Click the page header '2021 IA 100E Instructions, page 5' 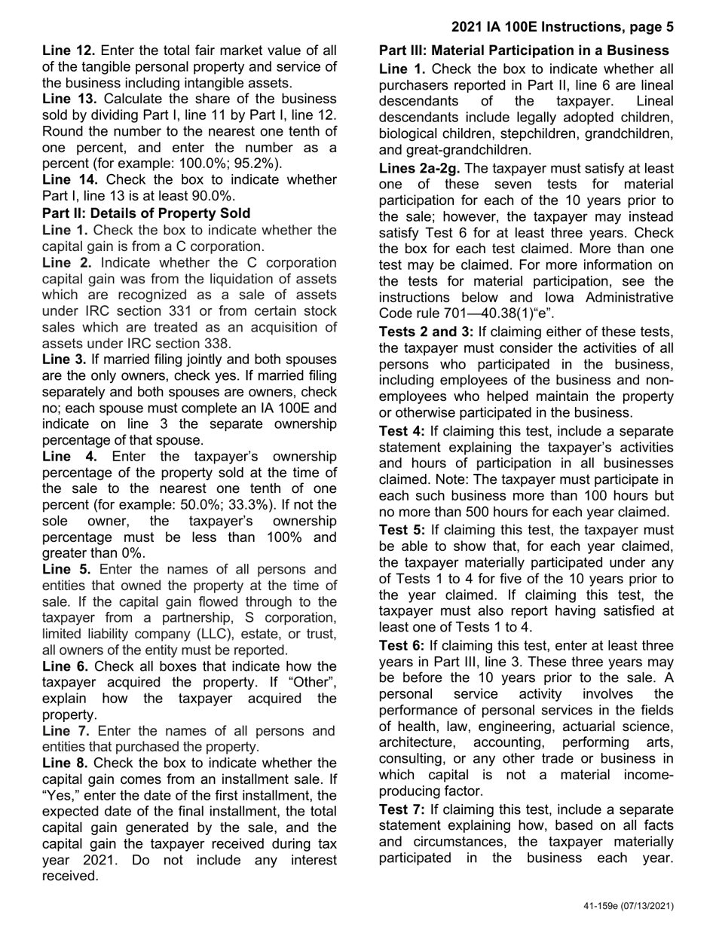tap(562, 27)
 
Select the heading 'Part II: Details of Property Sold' tap(146, 213)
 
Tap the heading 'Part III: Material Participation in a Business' tap(524, 50)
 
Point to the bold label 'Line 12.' tap(69, 50)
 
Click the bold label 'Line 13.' tap(69, 99)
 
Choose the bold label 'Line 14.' tap(69, 180)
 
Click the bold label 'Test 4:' tap(402, 431)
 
